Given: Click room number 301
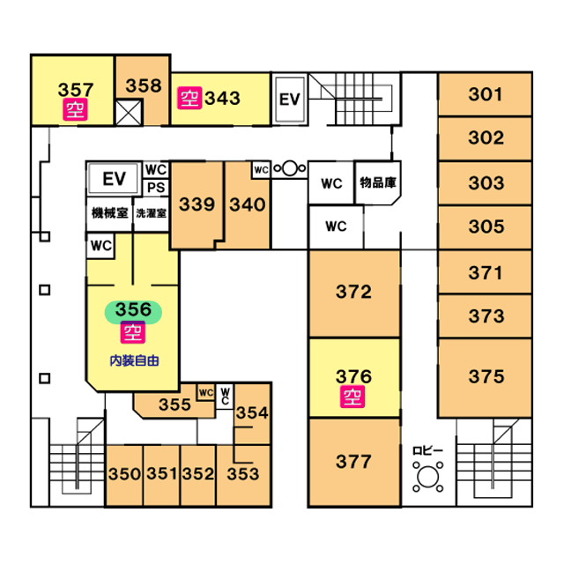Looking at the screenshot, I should click(x=486, y=94).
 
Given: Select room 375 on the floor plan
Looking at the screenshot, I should click(x=486, y=377).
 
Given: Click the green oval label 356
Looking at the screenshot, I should click(x=134, y=310).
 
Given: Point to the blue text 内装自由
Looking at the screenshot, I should click(x=133, y=360).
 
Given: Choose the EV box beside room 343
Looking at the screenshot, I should click(x=290, y=100).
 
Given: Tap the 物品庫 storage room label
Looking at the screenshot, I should click(x=377, y=183).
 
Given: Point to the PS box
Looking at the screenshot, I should click(x=156, y=187).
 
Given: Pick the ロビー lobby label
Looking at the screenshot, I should click(x=428, y=451).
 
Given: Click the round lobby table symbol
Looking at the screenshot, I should click(x=429, y=477).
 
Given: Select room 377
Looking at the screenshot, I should click(x=353, y=461).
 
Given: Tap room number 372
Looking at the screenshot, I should click(x=353, y=292).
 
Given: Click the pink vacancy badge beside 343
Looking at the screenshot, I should click(x=189, y=97).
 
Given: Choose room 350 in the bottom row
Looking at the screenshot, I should click(x=124, y=474).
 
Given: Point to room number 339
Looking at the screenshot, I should click(x=197, y=204).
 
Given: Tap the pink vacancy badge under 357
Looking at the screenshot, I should click(x=75, y=109).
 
